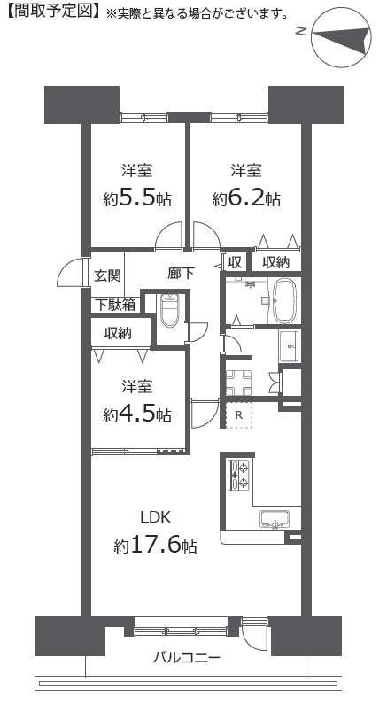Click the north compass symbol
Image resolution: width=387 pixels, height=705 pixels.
[341, 40]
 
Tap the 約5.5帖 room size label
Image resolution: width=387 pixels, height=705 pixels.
[137, 198]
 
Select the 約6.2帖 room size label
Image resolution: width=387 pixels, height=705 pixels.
[246, 198]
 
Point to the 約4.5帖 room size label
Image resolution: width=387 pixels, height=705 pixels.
[137, 414]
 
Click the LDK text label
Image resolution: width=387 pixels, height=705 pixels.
[156, 517]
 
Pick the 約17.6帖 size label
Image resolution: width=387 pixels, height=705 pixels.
[155, 546]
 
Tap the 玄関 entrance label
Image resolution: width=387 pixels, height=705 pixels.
[108, 275]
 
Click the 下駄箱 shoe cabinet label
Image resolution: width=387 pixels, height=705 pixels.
[115, 306]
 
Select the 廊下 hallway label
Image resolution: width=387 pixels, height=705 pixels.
[182, 273]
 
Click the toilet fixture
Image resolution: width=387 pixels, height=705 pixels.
[169, 310]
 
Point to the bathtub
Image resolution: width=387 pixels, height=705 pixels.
[285, 300]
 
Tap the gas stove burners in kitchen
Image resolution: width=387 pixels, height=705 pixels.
[240, 475]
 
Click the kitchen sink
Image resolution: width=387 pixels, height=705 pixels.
[275, 520]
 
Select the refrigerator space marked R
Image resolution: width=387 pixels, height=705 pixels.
[239, 415]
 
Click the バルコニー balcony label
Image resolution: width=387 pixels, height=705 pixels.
[187, 659]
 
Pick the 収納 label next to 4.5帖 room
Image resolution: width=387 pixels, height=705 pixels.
[118, 333]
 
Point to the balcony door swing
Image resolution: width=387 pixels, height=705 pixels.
[252, 638]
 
